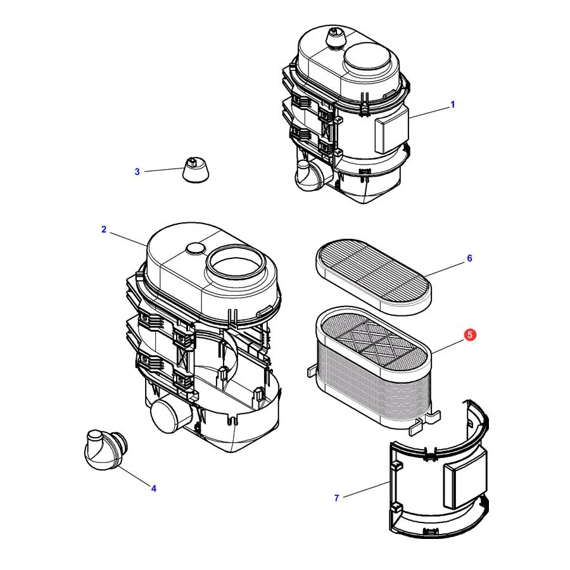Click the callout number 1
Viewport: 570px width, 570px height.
click(x=453, y=104)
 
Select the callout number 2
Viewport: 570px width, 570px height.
click(x=104, y=229)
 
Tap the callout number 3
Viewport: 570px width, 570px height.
click(x=137, y=172)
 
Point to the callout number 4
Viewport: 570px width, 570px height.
click(x=154, y=488)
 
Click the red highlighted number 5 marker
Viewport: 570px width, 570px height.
click(x=470, y=335)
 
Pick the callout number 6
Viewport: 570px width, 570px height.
click(x=469, y=258)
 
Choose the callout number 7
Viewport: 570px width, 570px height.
click(x=337, y=498)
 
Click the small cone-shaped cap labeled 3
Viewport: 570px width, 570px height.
click(x=196, y=170)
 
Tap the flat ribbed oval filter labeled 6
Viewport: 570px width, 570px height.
click(x=373, y=275)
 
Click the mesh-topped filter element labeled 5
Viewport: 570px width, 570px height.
click(x=374, y=367)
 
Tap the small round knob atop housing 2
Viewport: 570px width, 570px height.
click(x=196, y=249)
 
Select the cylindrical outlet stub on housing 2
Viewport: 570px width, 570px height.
click(x=170, y=415)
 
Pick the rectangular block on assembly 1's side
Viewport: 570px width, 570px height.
click(x=391, y=131)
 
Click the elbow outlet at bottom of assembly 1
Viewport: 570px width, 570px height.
click(x=309, y=175)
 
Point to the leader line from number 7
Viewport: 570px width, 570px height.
click(x=367, y=490)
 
